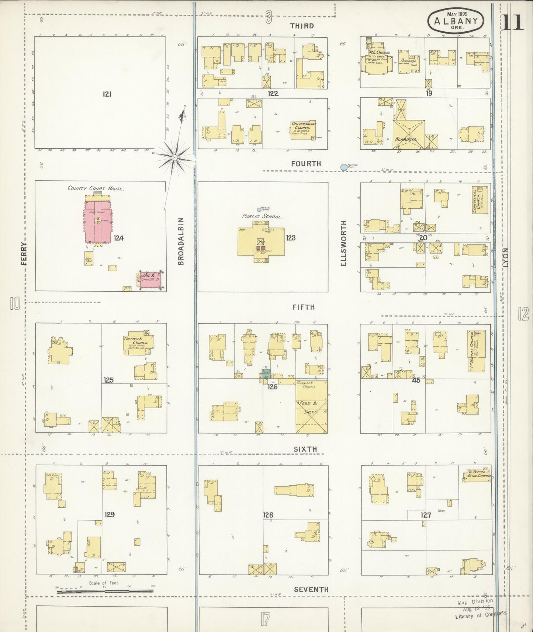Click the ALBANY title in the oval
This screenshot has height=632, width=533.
456,21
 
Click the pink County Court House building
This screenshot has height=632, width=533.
98,221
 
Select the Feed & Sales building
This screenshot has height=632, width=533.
311,407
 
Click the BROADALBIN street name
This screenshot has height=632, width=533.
181,241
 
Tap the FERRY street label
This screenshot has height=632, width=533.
24,253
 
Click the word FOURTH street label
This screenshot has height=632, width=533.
306,163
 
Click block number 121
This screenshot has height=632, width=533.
107,94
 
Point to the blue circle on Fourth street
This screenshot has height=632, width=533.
344,167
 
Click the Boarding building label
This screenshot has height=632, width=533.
406,140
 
